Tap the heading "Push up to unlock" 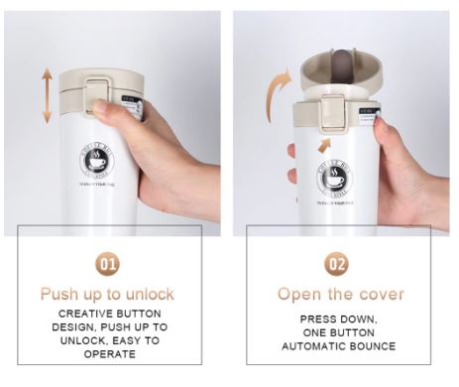(x=107, y=294)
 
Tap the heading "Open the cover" (x=340, y=294)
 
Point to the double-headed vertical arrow (x=46, y=95)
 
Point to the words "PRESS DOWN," (x=340, y=319)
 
